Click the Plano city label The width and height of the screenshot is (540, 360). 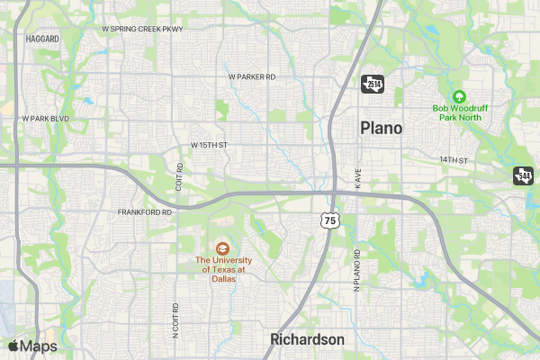coord(382,128)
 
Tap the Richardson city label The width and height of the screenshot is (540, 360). coord(308,339)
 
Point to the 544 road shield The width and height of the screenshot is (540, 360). coord(524,175)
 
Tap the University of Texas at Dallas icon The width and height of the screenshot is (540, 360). coord(221,247)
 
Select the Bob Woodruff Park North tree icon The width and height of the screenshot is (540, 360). coord(457,96)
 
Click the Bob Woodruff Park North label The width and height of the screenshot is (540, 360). coord(457,112)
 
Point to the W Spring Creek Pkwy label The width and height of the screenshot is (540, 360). coord(142,29)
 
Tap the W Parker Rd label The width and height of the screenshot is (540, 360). coord(252,76)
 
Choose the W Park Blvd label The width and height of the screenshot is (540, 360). coord(46,119)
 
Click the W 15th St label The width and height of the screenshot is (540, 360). coord(210,145)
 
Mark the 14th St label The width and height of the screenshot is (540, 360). coord(455,159)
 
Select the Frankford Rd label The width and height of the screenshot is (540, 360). coord(144,212)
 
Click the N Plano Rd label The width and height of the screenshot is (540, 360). coord(356,270)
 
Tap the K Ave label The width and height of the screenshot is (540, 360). coord(357,178)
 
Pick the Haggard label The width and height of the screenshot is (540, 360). coord(42,40)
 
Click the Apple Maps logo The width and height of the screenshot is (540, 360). coord(32,346)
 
